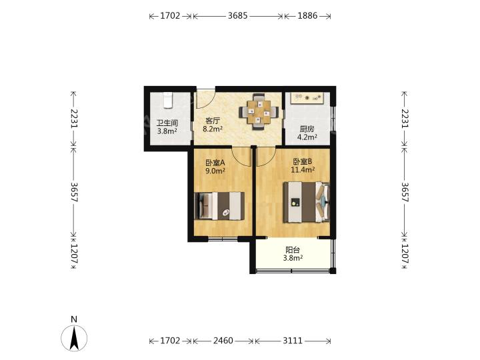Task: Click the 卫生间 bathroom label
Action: coord(167,123)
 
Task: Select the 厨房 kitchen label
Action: coord(307,129)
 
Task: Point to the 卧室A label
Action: coord(215,163)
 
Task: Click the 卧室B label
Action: coord(303,161)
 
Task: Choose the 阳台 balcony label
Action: coord(293,250)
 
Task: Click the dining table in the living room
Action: coord(259,112)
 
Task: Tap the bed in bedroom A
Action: coord(219,206)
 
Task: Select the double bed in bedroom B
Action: coord(307,203)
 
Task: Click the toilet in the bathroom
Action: coord(167,100)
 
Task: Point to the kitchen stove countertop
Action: coord(307,98)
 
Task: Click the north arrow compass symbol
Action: coord(74,338)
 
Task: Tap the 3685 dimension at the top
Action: coord(237,15)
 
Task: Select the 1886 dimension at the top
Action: coord(307,15)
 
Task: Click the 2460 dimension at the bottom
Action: coord(223,341)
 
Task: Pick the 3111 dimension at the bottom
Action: coord(293,341)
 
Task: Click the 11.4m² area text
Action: coord(303,169)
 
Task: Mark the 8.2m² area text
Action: coord(213,129)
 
